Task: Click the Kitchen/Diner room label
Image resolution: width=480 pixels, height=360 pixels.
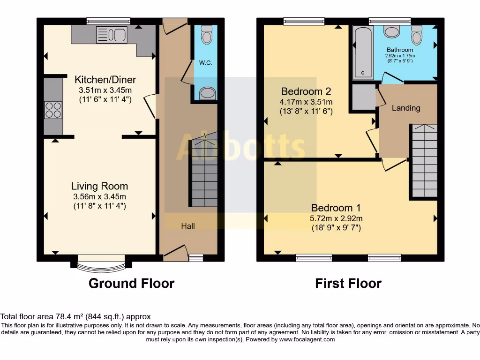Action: pos(102,80)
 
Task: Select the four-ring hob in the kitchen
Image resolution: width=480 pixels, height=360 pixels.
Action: pos(53,110)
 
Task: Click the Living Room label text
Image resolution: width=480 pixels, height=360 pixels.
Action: pos(99,186)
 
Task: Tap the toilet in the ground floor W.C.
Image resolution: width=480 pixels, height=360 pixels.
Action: pos(206,34)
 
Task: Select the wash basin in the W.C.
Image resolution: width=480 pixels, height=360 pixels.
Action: pos(206,94)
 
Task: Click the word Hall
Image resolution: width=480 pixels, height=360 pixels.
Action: pos(188,226)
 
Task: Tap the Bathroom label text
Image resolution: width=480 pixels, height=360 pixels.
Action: pos(400,50)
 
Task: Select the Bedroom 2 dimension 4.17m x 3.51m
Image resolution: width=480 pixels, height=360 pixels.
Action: pos(307,102)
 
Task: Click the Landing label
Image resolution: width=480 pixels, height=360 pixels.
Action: pos(406,108)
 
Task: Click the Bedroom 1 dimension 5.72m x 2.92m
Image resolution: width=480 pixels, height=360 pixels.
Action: pos(336,218)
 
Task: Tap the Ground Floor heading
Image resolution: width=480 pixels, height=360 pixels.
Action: pos(131,284)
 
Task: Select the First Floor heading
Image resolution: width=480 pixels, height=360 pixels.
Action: pos(348,284)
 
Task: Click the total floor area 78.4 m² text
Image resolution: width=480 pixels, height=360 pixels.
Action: pos(75,317)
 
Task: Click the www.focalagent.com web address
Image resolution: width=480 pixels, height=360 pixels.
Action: pos(307,339)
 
